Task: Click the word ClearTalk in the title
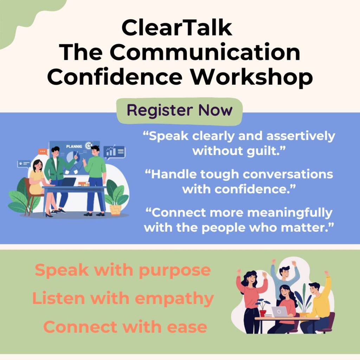point(177,28)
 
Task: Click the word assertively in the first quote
point(301,136)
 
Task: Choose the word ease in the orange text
point(187,327)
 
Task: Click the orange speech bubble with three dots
point(43,152)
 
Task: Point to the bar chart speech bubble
point(114,152)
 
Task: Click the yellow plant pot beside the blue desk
point(115,210)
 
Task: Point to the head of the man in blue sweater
point(284,272)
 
